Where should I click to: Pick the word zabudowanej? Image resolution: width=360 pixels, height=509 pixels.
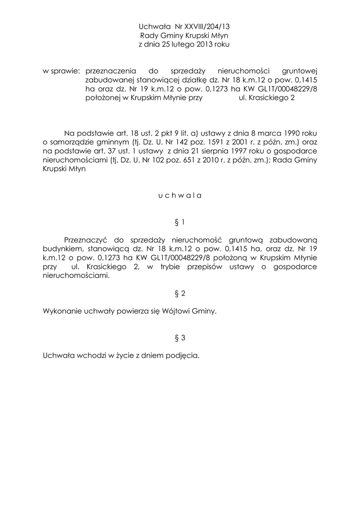(x=107, y=80)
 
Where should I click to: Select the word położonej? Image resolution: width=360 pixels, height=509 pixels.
(x=101, y=98)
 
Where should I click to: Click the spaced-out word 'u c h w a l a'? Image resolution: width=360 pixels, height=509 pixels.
(x=180, y=195)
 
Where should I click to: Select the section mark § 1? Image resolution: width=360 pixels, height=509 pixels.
(x=180, y=221)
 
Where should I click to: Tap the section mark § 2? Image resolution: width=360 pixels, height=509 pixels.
(x=180, y=293)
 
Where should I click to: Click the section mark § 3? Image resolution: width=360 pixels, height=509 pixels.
(x=180, y=338)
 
